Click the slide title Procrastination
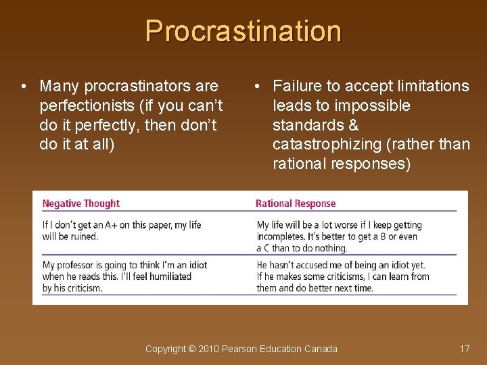coord(243,31)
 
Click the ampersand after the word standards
coord(353,125)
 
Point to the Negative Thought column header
coord(80,203)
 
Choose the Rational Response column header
coord(296,203)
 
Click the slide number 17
coord(464,349)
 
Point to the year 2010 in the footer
coord(209,349)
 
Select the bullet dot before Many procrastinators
coord(24,87)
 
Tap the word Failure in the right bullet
coord(296,86)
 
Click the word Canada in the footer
coord(321,349)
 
